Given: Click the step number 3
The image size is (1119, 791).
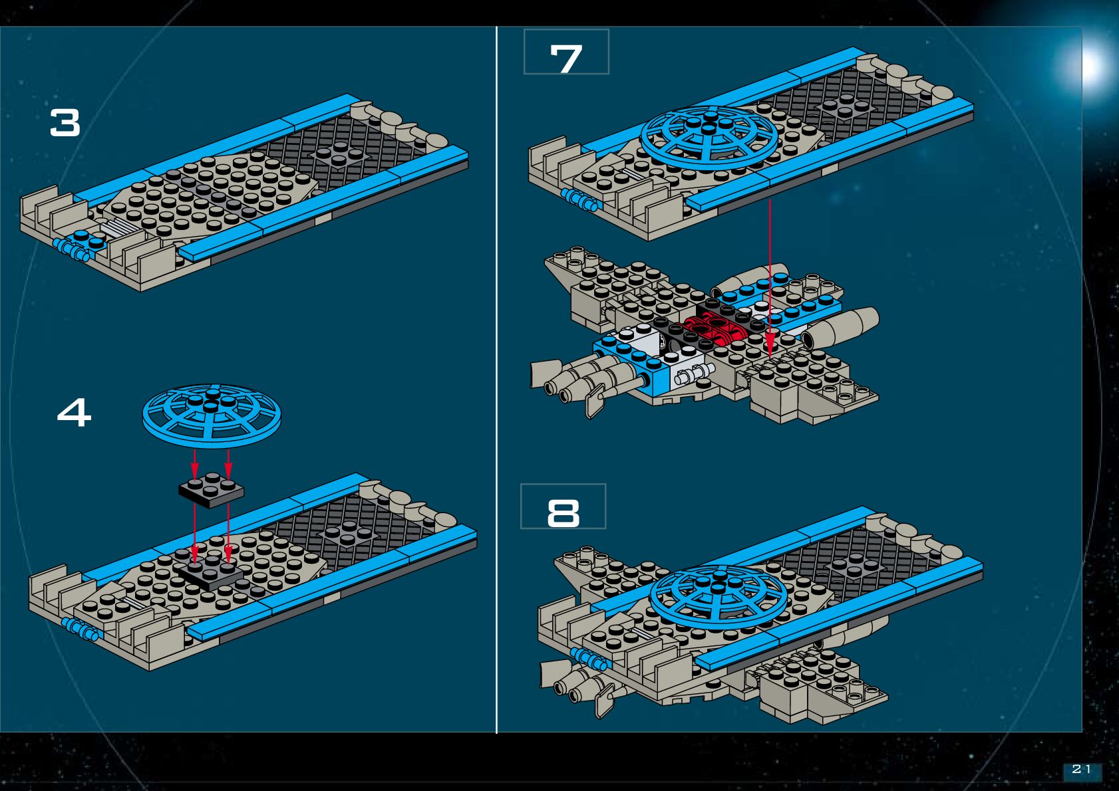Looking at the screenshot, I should click(65, 124).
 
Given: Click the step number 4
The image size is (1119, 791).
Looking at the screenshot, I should click(74, 413).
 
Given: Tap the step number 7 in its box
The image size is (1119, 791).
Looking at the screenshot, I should click(566, 58).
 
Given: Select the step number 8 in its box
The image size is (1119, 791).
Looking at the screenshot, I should click(563, 513).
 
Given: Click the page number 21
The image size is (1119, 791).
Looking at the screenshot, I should click(1082, 769).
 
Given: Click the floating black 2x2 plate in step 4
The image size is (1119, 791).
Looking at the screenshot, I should click(211, 491).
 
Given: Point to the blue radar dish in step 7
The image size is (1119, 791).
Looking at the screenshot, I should click(709, 136).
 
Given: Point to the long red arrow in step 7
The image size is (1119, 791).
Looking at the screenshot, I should click(770, 279).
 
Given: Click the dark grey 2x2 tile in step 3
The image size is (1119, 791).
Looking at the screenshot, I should click(339, 154).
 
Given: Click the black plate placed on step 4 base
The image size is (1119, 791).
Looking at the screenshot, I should click(211, 574).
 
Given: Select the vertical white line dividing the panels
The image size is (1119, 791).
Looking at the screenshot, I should click(497, 379).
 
